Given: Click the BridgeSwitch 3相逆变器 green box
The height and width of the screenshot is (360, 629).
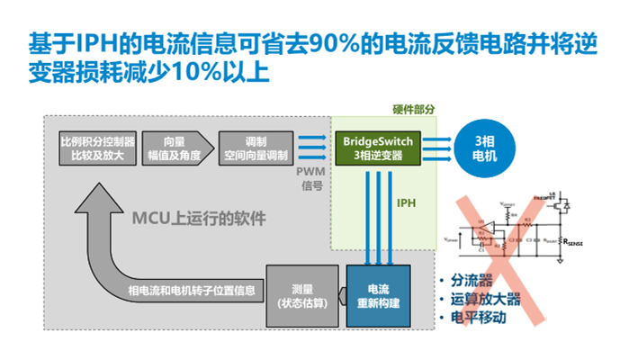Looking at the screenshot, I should point(376,148).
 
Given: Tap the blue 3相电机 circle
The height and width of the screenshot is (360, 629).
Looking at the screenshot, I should point(484,148).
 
